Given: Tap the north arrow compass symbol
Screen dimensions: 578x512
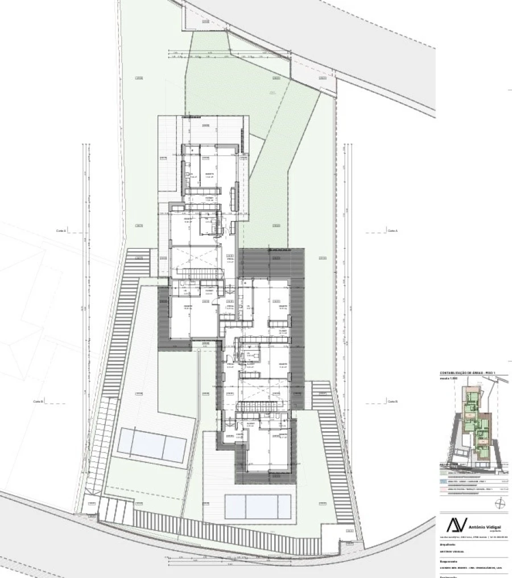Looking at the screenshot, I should coord(499,502).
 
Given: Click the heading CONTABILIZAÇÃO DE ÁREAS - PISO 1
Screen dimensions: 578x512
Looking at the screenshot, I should coord(468,373).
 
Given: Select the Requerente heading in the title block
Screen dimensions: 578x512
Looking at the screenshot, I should coord(450,560).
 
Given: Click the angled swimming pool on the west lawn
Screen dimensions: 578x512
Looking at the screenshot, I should coord(151,445).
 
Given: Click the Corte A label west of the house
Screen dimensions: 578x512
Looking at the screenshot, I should coord(61,231).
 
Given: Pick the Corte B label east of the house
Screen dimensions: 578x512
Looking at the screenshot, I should coord(392,401).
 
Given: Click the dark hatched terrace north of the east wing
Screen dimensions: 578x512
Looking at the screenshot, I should coord(272,262).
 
